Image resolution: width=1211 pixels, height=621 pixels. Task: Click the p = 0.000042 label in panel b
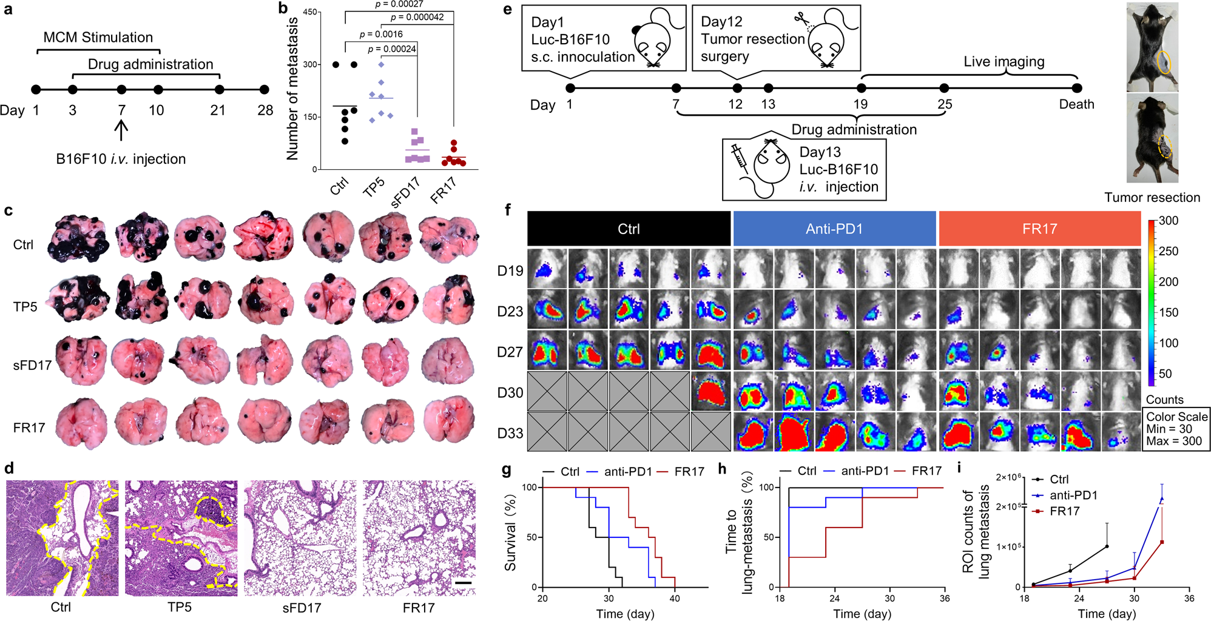click(x=417, y=17)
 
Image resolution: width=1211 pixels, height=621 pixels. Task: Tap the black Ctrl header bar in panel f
click(x=629, y=229)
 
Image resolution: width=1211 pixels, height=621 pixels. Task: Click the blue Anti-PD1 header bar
click(x=834, y=229)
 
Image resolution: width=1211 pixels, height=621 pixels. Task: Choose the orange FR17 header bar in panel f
click(x=1039, y=229)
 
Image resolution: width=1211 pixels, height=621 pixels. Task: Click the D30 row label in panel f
click(x=510, y=393)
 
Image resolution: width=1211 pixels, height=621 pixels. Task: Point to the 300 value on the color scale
click(x=1169, y=221)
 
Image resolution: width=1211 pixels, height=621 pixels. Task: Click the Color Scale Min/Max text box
click(x=1176, y=429)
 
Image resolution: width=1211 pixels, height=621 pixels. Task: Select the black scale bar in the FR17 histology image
click(x=463, y=583)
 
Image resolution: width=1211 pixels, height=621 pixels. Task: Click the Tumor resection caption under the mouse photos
click(x=1152, y=198)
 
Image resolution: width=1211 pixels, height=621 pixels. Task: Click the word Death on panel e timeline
click(x=1076, y=104)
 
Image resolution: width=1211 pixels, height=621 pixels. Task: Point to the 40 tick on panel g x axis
click(x=675, y=598)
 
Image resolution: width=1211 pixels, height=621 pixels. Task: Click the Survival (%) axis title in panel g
click(x=511, y=532)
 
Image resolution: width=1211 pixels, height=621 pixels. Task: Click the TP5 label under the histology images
click(x=180, y=607)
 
